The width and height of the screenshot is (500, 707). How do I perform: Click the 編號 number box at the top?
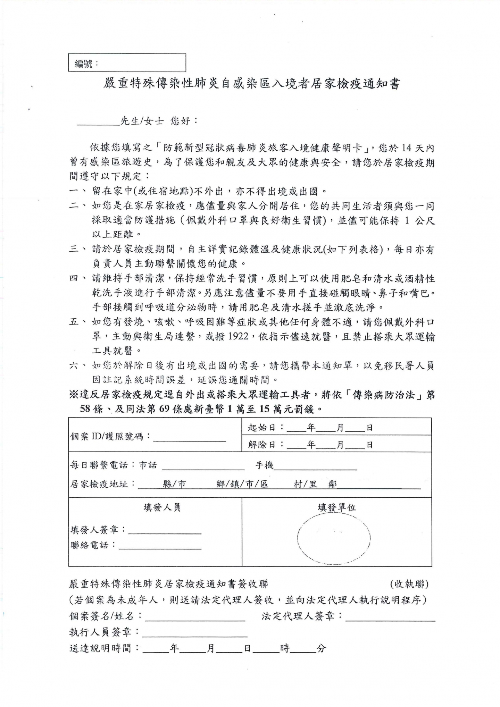pos(127,63)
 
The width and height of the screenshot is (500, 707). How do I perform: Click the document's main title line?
pos(251,84)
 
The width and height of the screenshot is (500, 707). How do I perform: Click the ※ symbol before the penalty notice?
pos(74,395)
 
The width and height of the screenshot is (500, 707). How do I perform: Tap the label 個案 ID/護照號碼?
pos(110,436)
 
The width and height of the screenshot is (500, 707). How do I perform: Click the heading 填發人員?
pos(162,507)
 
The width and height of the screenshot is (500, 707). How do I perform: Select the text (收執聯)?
pos(409,584)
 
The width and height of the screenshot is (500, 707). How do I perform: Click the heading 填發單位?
pos(337,507)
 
